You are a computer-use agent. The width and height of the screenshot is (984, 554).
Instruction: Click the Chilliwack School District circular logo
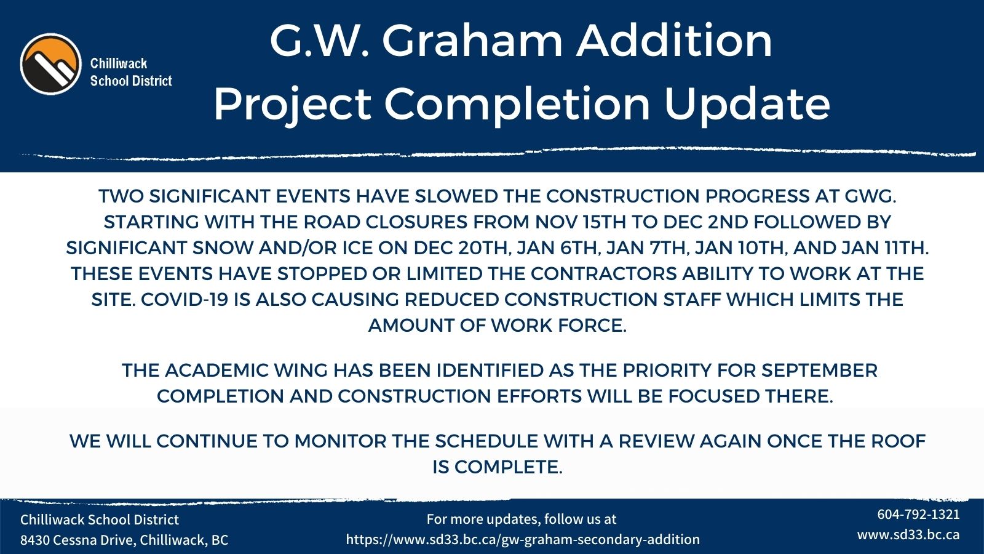click(50, 64)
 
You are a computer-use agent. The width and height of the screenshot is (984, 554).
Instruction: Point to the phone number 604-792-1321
click(918, 514)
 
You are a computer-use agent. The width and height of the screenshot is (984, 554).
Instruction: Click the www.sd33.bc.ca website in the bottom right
click(908, 534)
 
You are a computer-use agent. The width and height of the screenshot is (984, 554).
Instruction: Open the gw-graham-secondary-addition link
click(523, 540)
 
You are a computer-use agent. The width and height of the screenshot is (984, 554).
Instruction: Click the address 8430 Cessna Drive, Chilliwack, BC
click(124, 540)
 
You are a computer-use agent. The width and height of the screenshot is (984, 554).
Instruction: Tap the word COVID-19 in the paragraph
click(184, 300)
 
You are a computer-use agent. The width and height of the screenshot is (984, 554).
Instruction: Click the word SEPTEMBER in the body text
click(819, 371)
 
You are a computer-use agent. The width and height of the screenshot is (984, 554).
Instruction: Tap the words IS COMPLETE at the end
click(497, 467)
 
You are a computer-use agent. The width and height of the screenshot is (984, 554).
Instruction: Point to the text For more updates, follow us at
click(522, 519)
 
